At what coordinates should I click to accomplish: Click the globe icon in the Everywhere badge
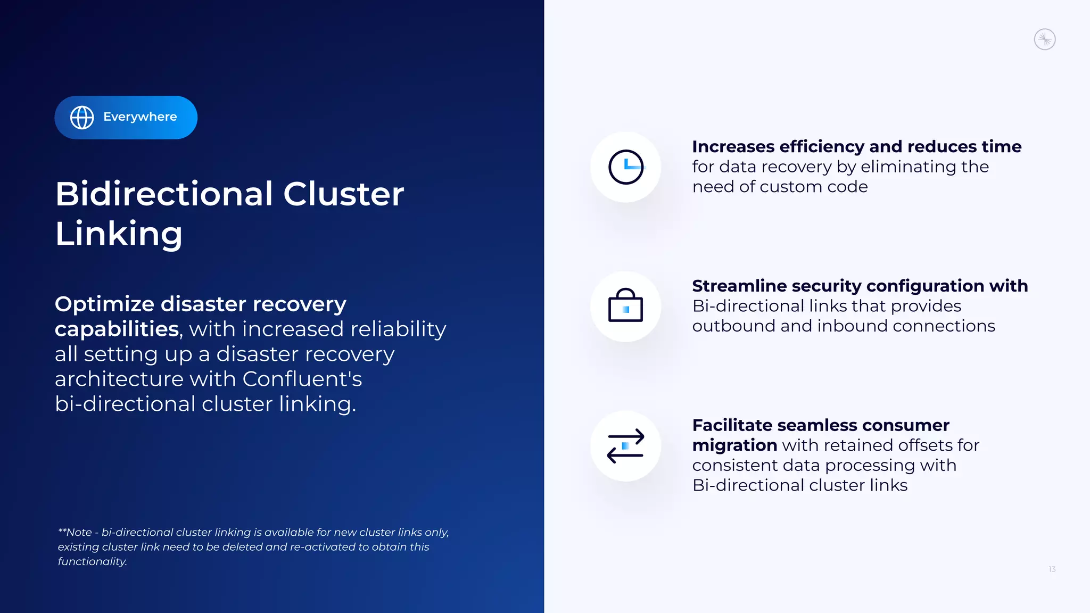tap(82, 118)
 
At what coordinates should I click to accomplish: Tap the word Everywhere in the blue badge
tap(140, 117)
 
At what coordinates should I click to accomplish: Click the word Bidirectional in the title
tap(164, 194)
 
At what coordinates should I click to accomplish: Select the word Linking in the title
tap(119, 234)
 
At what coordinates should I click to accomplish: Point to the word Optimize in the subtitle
tap(104, 304)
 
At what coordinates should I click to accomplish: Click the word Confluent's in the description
tap(302, 379)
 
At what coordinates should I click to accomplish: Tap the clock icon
tap(626, 167)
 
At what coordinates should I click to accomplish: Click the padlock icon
tap(625, 306)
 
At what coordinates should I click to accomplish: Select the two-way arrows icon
tap(625, 446)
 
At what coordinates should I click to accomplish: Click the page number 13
tap(1052, 569)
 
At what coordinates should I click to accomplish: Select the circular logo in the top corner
tap(1044, 39)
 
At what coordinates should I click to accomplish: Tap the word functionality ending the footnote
tap(92, 562)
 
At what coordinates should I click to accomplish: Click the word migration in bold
tap(734, 445)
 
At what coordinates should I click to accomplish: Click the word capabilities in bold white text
tap(117, 329)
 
